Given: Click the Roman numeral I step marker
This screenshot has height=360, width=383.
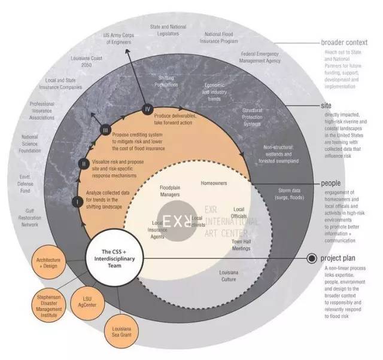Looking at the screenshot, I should (77, 202).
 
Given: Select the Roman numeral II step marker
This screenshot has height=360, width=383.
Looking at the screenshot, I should (84, 163).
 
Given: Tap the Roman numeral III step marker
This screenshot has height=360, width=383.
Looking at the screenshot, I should (105, 130).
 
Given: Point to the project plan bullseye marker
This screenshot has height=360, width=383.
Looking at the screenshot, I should (311, 259).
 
